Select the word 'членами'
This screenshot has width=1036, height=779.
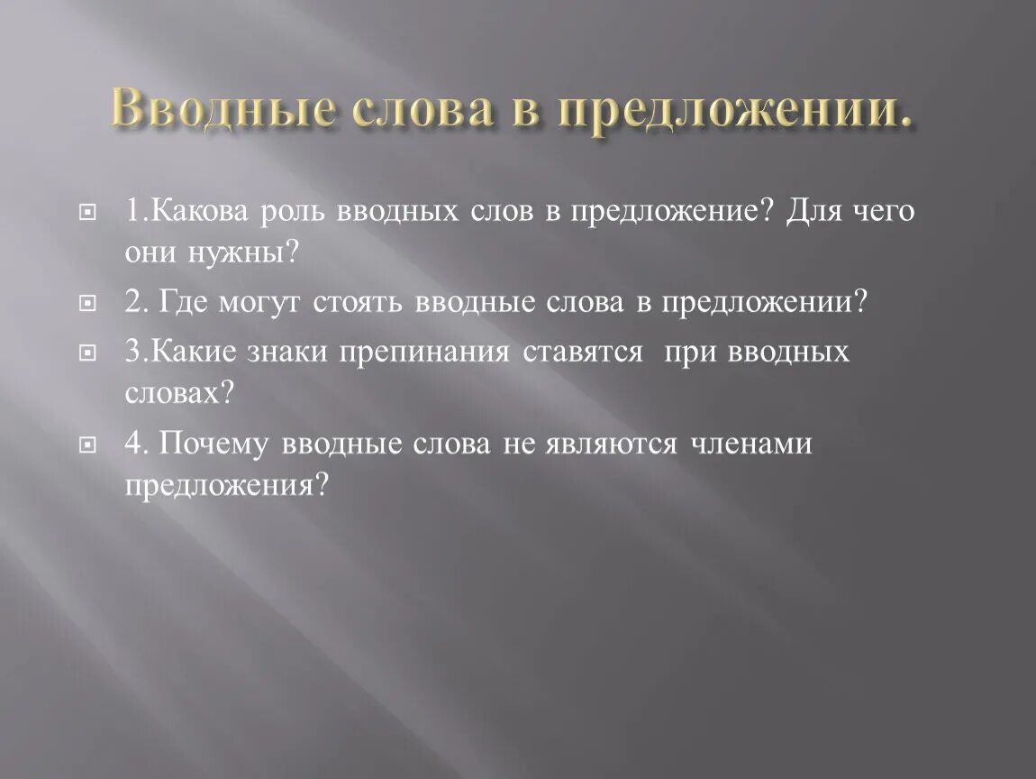[752, 443]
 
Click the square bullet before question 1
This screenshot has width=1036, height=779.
[87, 213]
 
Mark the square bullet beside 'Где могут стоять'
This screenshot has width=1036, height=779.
[87, 304]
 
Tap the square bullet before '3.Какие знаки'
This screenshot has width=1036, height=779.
[87, 352]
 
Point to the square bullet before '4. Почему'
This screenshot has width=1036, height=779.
[87, 444]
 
